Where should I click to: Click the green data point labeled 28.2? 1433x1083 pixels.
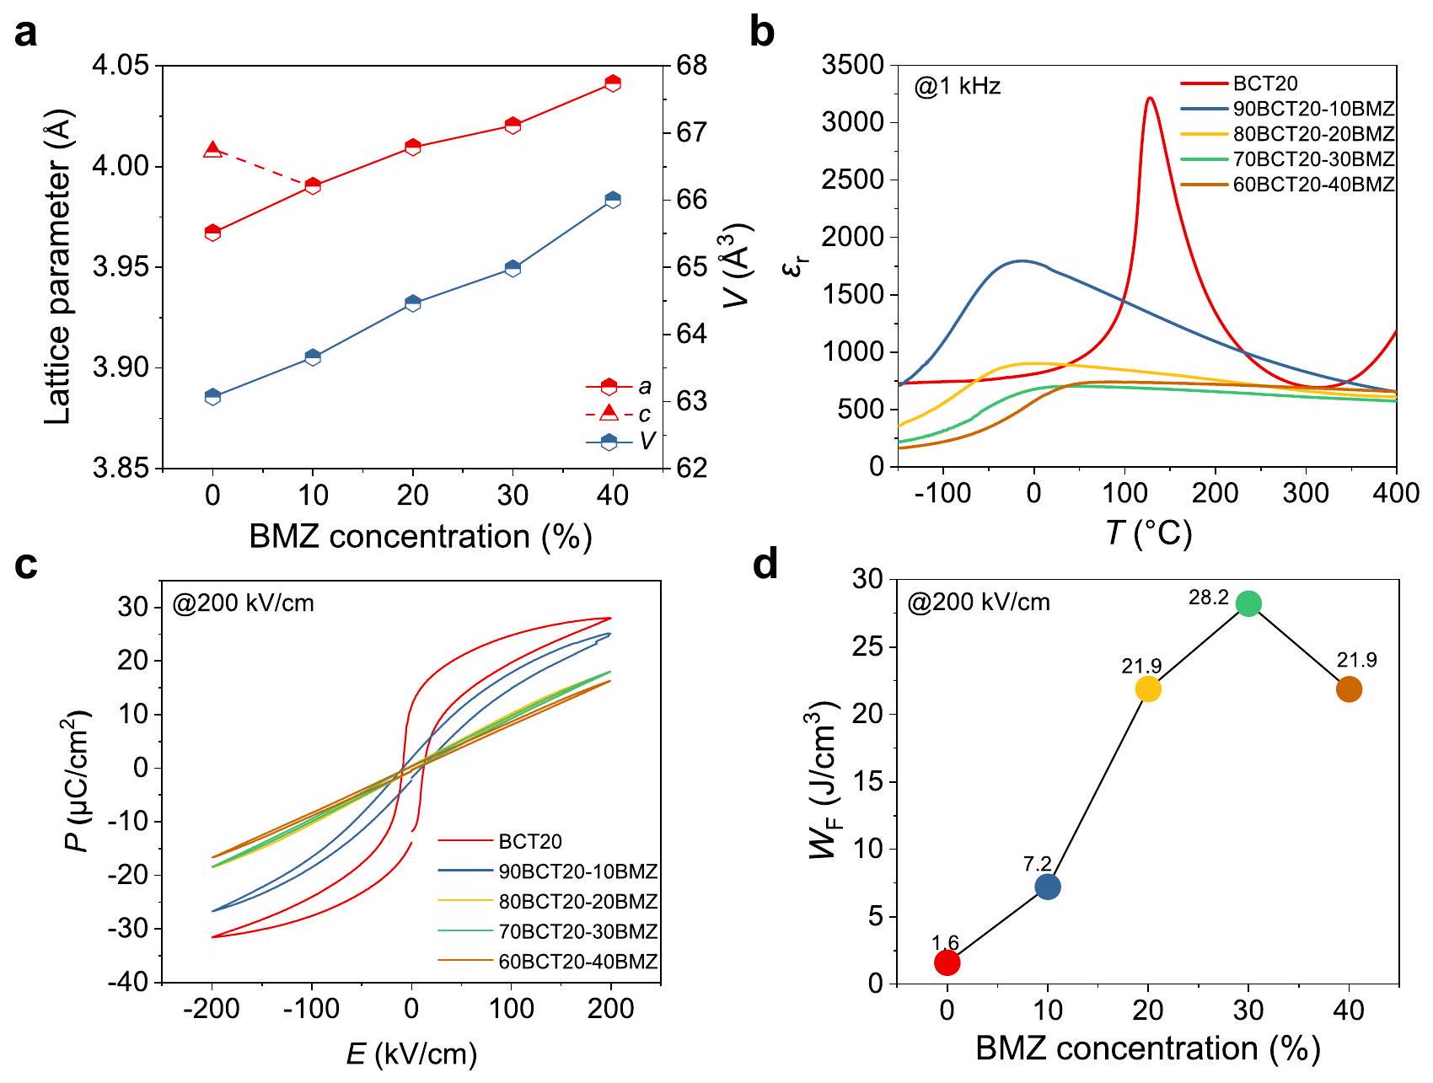coord(1248,603)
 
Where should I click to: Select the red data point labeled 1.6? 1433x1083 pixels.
coord(947,962)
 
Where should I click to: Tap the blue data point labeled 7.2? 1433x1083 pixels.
coord(1048,887)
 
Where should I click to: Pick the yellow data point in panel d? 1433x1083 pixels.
coord(1148,689)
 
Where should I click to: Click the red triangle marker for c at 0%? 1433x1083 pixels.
coord(213,150)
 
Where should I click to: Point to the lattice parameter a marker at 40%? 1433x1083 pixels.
coord(613,83)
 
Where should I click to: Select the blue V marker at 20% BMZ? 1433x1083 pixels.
coord(413,303)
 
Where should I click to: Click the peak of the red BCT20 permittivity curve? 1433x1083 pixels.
coord(1150,98)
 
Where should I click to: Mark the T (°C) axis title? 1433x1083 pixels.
coord(1149,533)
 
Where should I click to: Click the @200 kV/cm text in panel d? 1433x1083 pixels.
coord(979,603)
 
